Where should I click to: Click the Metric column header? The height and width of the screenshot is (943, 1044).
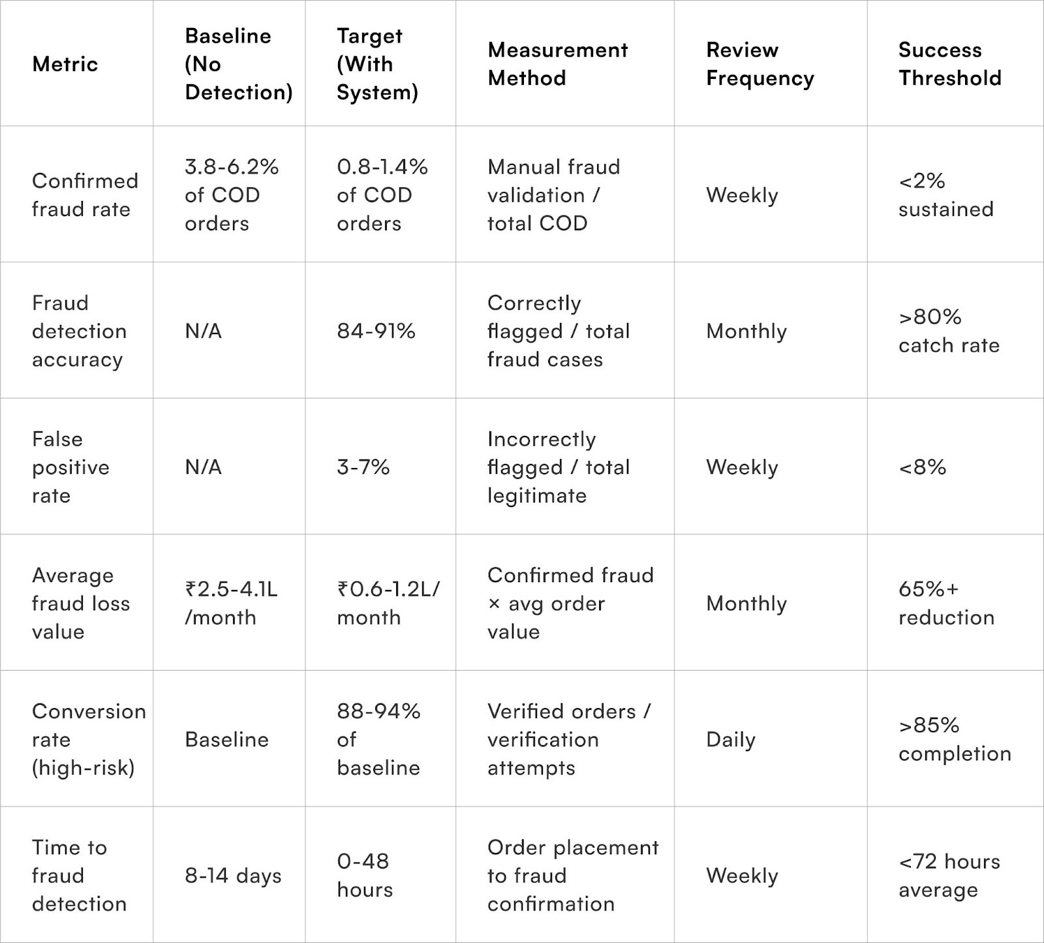[65, 64]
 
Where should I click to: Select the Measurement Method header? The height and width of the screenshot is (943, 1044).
[557, 64]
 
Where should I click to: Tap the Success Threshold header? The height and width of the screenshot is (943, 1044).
[949, 64]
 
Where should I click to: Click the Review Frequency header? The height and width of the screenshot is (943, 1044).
[760, 64]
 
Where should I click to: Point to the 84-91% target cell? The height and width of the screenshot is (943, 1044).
[376, 331]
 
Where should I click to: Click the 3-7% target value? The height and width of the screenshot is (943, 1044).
[363, 467]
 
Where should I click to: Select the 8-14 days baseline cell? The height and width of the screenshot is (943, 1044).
[233, 876]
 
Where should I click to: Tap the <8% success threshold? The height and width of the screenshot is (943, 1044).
[922, 467]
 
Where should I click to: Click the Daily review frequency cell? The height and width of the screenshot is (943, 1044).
[730, 739]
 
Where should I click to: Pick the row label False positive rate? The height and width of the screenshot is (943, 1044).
[70, 467]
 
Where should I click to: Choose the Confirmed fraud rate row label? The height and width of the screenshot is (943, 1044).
[85, 195]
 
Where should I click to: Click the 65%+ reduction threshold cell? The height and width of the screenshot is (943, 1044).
[946, 603]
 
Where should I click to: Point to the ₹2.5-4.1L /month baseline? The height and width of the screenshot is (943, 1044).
[231, 603]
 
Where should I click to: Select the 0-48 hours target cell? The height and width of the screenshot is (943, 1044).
[365, 876]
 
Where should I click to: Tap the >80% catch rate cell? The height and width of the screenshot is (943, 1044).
[949, 331]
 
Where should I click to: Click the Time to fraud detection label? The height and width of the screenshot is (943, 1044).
[79, 876]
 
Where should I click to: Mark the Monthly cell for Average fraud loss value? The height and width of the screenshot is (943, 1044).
[746, 604]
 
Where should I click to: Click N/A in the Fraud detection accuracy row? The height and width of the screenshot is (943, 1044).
[203, 331]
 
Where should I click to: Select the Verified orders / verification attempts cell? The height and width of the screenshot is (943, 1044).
[568, 739]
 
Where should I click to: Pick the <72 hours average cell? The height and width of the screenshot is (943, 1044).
[949, 876]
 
